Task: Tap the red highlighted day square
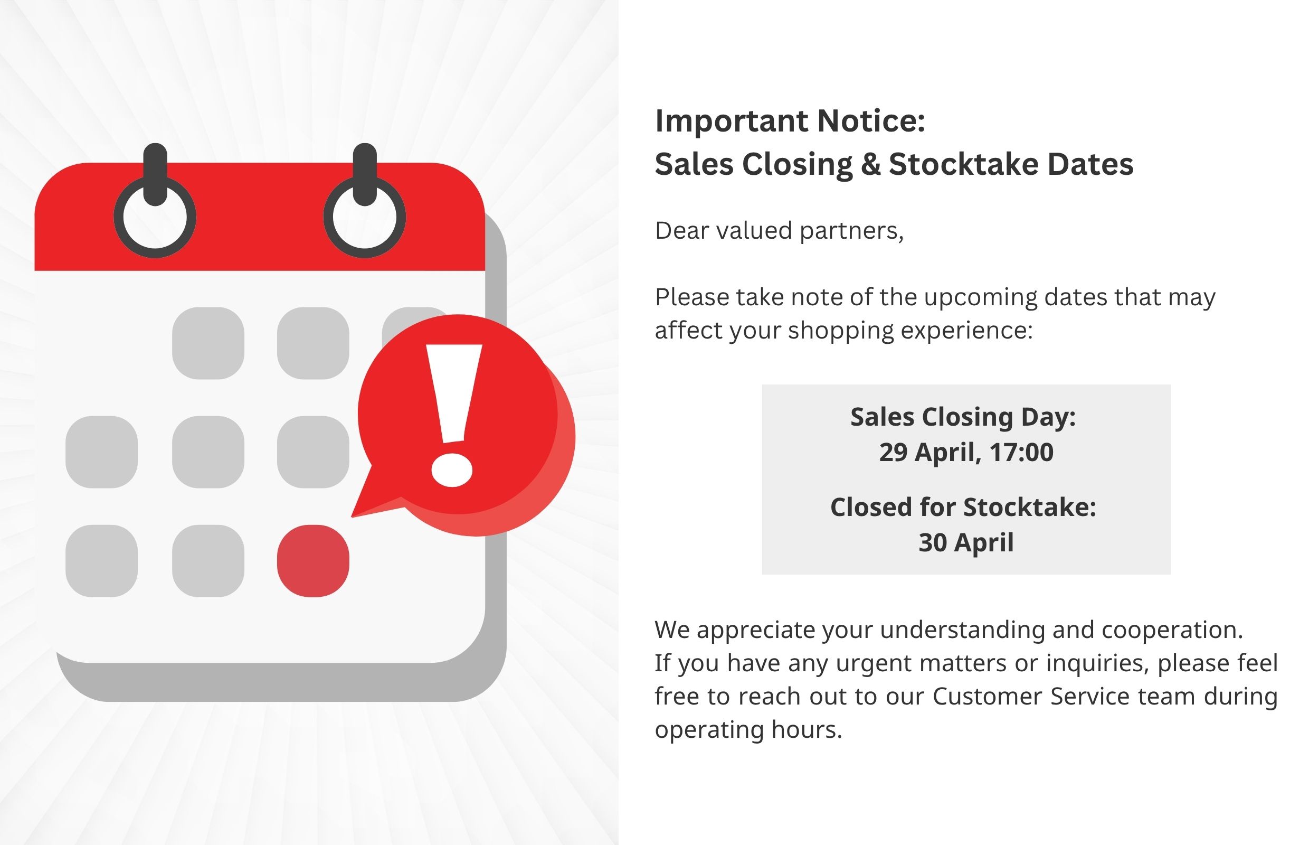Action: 313,561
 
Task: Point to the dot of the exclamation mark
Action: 452,470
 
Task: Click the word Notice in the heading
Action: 871,121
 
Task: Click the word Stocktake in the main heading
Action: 963,164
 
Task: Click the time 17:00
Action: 1022,453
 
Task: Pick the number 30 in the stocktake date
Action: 933,543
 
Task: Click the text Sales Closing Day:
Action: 963,417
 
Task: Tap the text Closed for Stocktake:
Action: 963,507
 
